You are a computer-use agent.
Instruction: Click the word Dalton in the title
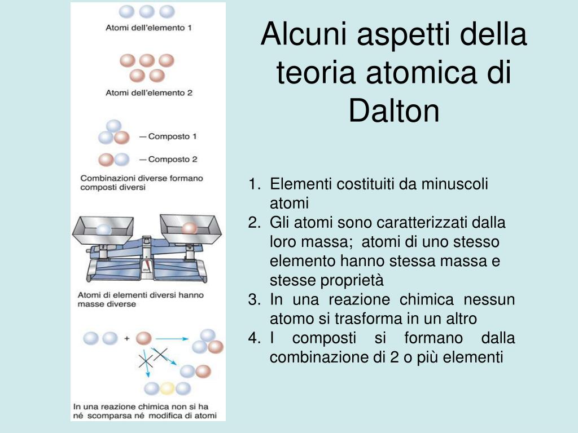(x=393, y=111)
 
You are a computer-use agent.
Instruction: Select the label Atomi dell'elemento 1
(x=149, y=28)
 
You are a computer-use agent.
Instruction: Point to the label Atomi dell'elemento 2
(x=149, y=92)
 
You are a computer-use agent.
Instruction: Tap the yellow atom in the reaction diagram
(x=167, y=388)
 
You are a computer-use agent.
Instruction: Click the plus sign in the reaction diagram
(x=126, y=338)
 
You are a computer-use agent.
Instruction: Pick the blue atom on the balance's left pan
(x=103, y=229)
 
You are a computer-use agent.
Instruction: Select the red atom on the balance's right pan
(x=189, y=228)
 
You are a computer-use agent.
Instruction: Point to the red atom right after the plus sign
(x=144, y=338)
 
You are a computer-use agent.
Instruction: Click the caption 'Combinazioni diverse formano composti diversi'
(x=141, y=183)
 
